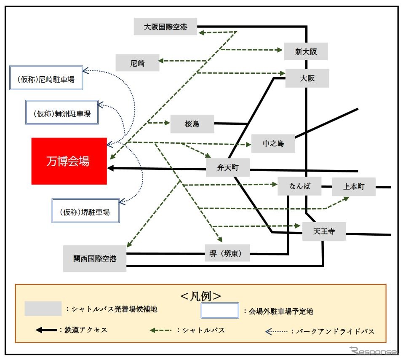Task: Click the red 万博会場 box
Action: (69, 161)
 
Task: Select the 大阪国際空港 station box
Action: (165, 27)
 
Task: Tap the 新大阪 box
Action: (306, 51)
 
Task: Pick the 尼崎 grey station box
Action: (138, 63)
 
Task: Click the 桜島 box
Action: (192, 124)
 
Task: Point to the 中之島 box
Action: (273, 143)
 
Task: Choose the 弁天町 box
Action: (228, 167)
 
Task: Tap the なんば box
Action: (299, 186)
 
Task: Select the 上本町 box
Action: (354, 187)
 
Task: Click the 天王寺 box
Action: (324, 231)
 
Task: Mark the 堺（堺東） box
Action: (227, 253)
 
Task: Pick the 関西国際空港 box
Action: (95, 258)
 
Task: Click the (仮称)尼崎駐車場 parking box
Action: (46, 78)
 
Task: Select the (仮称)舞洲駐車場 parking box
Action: (62, 113)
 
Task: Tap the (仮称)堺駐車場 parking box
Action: (85, 211)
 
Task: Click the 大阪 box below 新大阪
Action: (307, 78)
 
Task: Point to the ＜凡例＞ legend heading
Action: (201, 296)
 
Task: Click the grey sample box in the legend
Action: (43, 309)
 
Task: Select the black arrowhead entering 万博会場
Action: (110, 168)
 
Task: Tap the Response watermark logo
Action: (374, 351)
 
